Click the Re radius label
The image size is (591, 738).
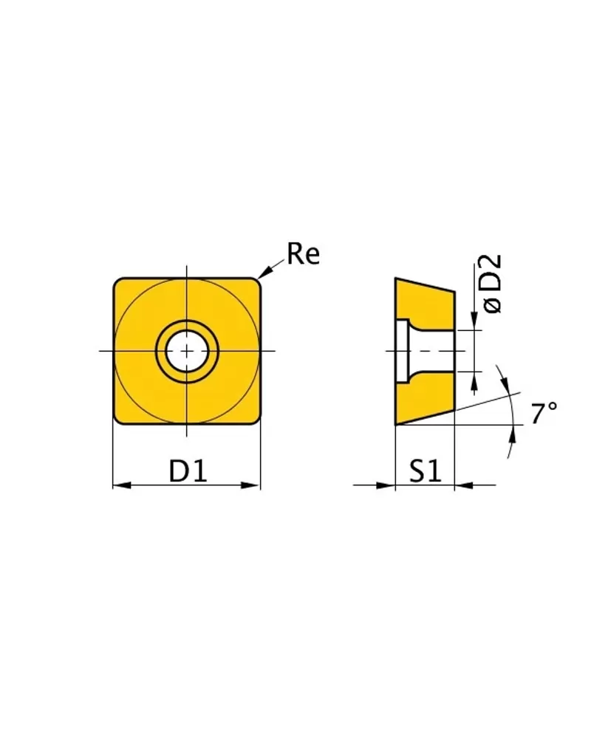303,253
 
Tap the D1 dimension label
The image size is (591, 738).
188,471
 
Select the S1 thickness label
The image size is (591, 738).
426,471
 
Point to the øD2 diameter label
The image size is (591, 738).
492,284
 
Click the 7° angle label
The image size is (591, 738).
544,413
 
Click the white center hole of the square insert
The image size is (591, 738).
187,351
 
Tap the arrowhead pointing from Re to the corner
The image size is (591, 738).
265,272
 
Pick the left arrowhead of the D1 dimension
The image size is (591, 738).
122,485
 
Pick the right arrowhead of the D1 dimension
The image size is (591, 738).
250,485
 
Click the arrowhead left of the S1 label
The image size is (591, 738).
386,485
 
